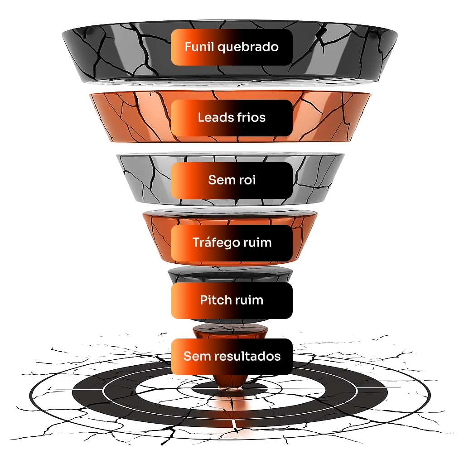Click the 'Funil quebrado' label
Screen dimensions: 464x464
click(x=232, y=47)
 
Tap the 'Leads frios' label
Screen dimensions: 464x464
click(x=232, y=118)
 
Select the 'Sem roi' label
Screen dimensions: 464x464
click(x=232, y=180)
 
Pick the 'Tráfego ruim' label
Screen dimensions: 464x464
click(x=232, y=242)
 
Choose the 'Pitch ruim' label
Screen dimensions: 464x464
click(x=232, y=300)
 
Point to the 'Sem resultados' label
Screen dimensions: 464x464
click(x=232, y=356)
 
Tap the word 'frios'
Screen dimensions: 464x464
click(x=251, y=118)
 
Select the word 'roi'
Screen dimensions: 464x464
click(x=247, y=180)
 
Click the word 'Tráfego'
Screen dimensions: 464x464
click(x=215, y=243)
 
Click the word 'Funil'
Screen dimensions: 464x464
click(x=199, y=47)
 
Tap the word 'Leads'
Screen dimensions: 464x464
click(x=215, y=118)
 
